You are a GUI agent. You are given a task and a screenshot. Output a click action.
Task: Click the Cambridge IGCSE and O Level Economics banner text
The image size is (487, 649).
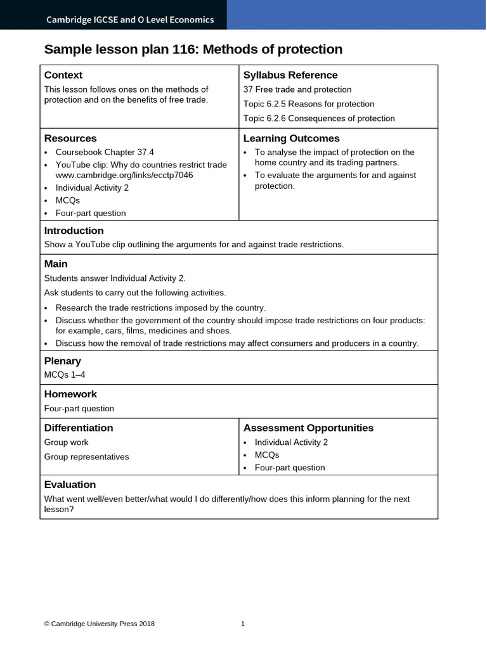point(130,20)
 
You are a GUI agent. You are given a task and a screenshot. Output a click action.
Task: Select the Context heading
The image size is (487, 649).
point(63,75)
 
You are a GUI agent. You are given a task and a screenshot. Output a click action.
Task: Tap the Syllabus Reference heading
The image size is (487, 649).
point(290,75)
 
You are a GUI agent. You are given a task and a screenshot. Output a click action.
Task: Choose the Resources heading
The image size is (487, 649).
point(70,139)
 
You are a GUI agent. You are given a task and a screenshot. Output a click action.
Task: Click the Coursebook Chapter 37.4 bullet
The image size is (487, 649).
point(105,152)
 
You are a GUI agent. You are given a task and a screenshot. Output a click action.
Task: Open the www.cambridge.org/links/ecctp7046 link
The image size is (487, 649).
point(124,175)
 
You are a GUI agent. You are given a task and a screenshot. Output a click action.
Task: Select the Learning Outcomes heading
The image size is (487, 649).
point(292,139)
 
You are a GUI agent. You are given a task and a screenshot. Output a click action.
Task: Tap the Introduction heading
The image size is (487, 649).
point(74,231)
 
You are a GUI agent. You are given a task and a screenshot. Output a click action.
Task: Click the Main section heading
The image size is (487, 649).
point(56,264)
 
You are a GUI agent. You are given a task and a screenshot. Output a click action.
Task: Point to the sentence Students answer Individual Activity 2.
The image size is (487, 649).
point(115,278)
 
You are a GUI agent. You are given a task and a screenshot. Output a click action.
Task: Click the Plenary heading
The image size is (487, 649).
point(62,361)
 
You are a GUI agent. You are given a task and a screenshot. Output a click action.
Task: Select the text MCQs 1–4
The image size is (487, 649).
point(65,375)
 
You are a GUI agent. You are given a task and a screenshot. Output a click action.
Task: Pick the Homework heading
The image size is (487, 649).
point(70,394)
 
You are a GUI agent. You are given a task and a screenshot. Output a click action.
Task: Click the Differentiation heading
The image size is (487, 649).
point(79,428)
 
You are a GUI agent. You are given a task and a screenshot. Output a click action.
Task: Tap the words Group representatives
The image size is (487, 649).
point(86,457)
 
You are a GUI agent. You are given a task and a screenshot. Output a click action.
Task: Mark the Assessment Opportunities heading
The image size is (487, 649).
point(308,428)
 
